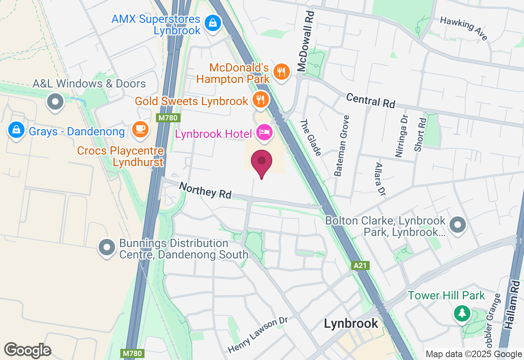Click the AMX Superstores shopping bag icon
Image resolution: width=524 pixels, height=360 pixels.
(213, 22)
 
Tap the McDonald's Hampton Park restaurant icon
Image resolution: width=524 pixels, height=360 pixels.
(281, 72)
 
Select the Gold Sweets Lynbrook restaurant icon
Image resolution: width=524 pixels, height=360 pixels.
(260, 99)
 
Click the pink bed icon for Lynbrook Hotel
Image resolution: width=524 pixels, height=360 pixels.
(264, 132)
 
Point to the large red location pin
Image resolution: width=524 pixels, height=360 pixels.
(262, 163)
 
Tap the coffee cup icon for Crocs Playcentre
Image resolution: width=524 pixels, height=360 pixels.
(140, 129)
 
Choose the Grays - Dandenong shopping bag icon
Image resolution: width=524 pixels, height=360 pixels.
(16, 130)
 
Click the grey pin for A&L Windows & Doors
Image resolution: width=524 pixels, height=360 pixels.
(55, 101)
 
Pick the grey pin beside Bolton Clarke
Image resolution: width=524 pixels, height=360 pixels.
(458, 225)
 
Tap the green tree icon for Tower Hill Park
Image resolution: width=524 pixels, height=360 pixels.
(462, 313)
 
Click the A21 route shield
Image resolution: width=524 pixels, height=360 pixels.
(360, 265)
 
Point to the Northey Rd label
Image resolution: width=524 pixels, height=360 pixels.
(206, 190)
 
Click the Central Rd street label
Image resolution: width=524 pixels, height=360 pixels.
(370, 101)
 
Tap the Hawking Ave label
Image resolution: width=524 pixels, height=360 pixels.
(464, 28)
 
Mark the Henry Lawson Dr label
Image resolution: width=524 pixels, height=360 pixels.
(258, 335)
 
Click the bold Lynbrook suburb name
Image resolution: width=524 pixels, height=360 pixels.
(351, 323)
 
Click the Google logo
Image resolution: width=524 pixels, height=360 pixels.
(27, 351)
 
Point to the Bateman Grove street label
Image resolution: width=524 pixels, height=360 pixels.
(342, 146)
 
